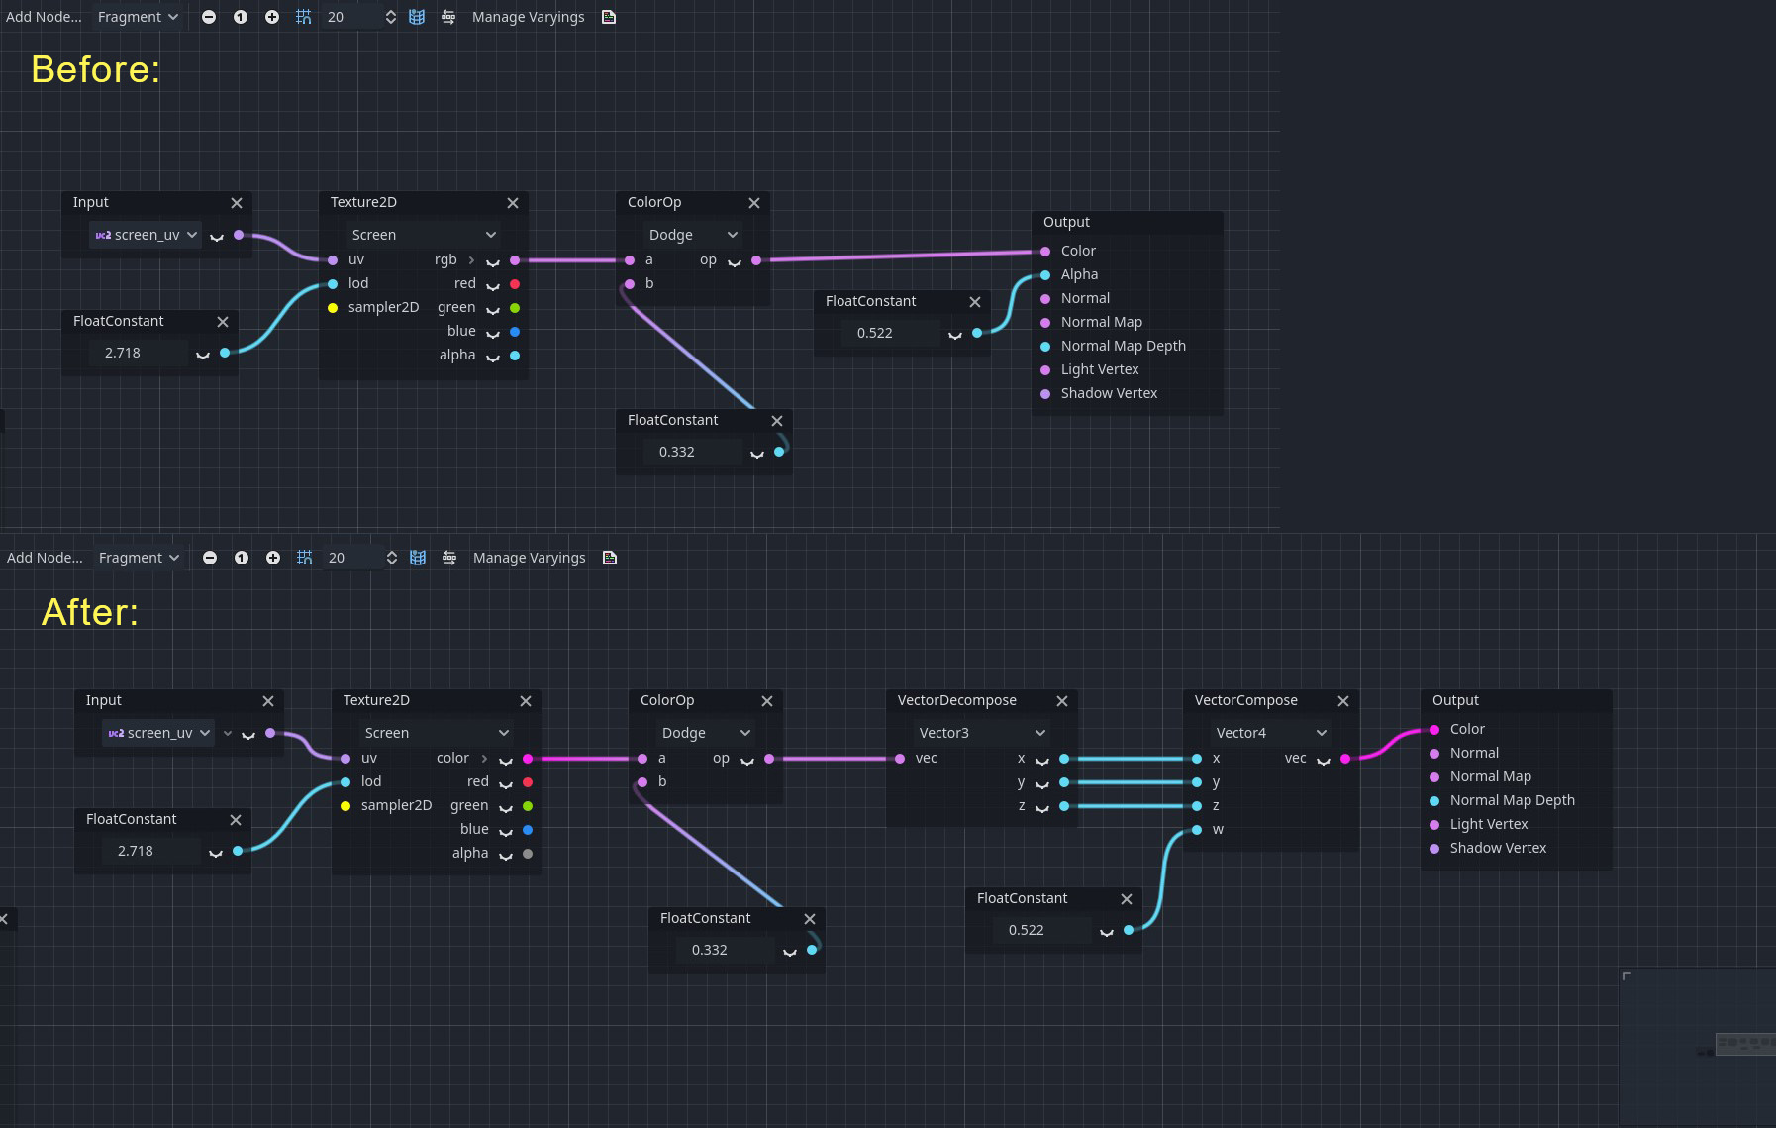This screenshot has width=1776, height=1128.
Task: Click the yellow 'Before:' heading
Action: click(x=95, y=70)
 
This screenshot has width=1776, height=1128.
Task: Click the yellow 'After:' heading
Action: click(x=90, y=612)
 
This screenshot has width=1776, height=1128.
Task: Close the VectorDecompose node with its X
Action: click(x=1061, y=701)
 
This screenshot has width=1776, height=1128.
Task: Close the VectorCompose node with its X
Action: click(x=1342, y=701)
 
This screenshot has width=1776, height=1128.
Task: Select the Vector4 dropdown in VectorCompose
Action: click(x=1270, y=733)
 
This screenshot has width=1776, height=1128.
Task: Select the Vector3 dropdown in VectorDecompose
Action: click(x=980, y=733)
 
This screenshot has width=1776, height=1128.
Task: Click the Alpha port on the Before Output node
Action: click(x=1045, y=275)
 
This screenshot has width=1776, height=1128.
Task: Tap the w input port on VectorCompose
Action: click(x=1197, y=830)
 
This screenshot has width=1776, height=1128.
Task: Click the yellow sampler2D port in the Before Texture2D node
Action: click(x=333, y=308)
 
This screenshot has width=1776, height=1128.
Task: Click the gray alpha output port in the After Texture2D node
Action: click(x=528, y=854)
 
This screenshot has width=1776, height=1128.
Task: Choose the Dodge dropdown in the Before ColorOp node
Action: click(x=692, y=235)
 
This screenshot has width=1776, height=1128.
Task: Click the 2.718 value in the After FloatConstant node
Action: click(x=137, y=851)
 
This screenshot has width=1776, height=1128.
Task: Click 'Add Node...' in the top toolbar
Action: click(x=44, y=17)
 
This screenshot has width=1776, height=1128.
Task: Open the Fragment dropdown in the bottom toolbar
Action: click(x=139, y=558)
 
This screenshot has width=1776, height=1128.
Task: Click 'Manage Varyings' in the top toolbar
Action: click(x=528, y=17)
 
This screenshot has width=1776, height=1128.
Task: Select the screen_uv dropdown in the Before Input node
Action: click(x=147, y=235)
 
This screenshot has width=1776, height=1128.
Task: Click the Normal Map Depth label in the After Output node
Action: click(x=1512, y=800)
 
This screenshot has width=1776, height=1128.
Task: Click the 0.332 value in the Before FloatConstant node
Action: click(x=678, y=452)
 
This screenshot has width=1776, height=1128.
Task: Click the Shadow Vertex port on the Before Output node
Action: click(x=1045, y=394)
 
